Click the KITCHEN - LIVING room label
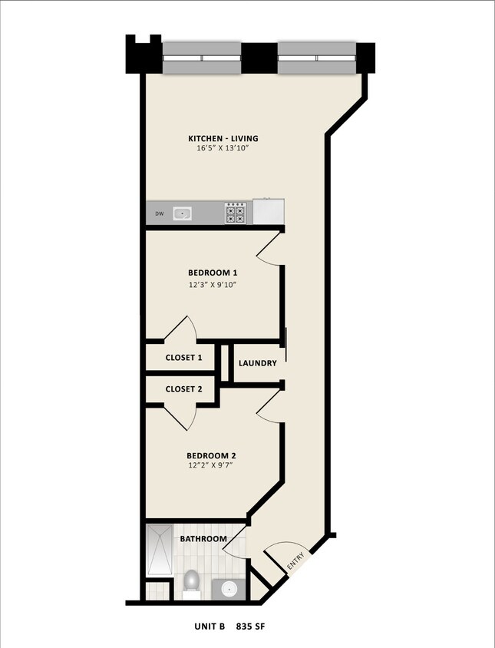[223, 139]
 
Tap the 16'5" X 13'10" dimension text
[223, 149]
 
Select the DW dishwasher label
[160, 213]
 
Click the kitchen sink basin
[183, 213]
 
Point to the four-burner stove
[235, 212]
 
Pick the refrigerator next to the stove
[269, 211]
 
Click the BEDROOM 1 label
[213, 273]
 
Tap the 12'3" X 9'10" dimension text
[213, 285]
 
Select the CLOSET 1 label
[184, 358]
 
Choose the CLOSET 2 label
[184, 389]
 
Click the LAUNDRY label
[258, 363]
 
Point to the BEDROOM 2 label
[213, 455]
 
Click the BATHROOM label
[203, 539]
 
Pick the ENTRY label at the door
[296, 561]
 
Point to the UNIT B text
[209, 627]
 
